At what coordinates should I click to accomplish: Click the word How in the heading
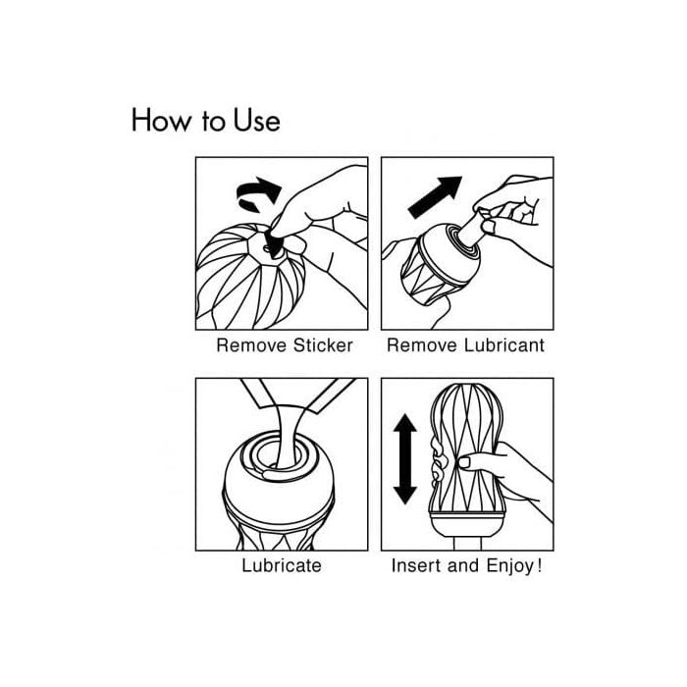pos(161,120)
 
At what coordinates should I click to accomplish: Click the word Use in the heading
pos(256,120)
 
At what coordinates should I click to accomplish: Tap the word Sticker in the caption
pos(323,345)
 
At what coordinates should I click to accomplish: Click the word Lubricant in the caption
pos(504,345)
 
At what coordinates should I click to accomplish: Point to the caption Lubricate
pos(282,565)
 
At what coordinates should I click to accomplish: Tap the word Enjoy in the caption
pos(509,566)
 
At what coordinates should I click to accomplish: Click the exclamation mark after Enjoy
pos(540,565)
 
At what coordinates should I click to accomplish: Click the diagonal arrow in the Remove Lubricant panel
pos(435,197)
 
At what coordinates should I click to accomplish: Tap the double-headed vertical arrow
pos(404,459)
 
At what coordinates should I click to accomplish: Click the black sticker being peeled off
pos(274,244)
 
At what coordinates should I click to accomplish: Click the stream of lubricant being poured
pos(286,434)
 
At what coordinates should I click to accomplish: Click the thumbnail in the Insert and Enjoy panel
pos(464,462)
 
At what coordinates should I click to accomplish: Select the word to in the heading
pos(213,122)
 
